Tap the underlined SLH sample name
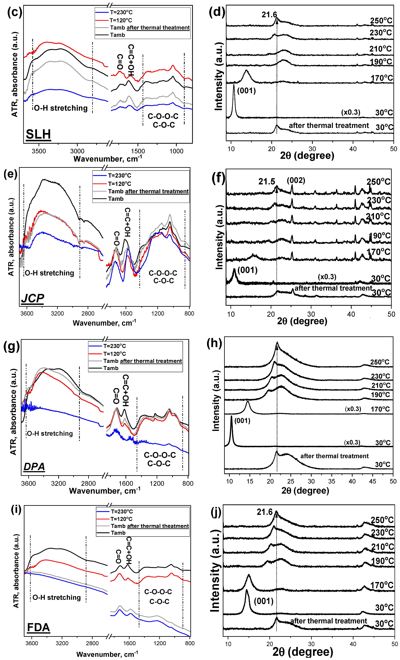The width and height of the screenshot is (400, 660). [38, 134]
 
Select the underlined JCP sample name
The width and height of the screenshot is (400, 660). [32, 298]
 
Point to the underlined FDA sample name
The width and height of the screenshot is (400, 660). [38, 628]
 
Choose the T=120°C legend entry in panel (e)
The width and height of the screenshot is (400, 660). [119, 184]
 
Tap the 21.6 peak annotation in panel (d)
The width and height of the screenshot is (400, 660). [269, 15]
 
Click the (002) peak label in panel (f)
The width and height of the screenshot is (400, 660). [296, 180]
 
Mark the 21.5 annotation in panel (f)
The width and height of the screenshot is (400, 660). [267, 182]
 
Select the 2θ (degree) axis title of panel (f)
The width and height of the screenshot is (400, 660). [302, 321]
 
